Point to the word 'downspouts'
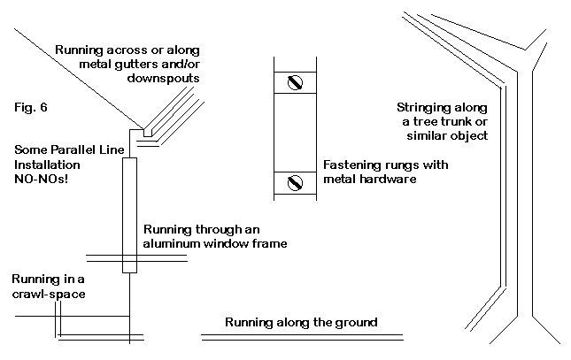point(166,79)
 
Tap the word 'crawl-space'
point(49,293)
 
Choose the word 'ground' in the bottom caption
point(357,321)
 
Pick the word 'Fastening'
point(351,165)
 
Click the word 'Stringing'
point(424,108)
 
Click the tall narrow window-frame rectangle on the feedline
point(130,215)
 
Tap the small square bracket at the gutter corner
point(137,130)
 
